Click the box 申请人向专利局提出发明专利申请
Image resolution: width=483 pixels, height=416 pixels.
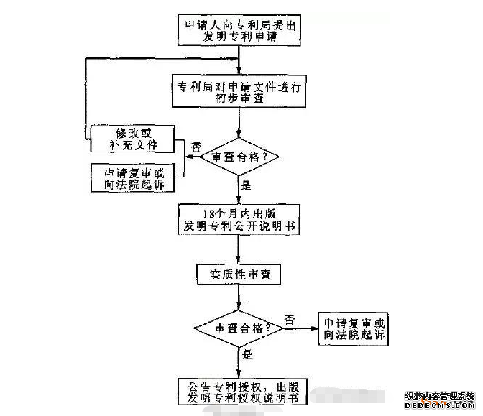[239, 31]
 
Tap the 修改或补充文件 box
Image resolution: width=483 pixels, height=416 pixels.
[134, 139]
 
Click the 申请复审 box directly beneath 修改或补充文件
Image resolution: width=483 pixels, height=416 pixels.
[134, 177]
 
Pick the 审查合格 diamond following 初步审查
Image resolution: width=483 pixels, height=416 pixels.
[239, 157]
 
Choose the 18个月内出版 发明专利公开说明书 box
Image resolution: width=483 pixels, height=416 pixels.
[239, 221]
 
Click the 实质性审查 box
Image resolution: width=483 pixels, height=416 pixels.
[239, 274]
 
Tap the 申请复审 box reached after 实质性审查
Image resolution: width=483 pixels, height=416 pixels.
[354, 329]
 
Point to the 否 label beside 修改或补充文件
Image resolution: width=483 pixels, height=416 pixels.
[195, 147]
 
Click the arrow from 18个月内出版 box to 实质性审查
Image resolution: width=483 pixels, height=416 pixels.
[239, 250]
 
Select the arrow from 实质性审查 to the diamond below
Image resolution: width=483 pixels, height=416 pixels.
[239, 296]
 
